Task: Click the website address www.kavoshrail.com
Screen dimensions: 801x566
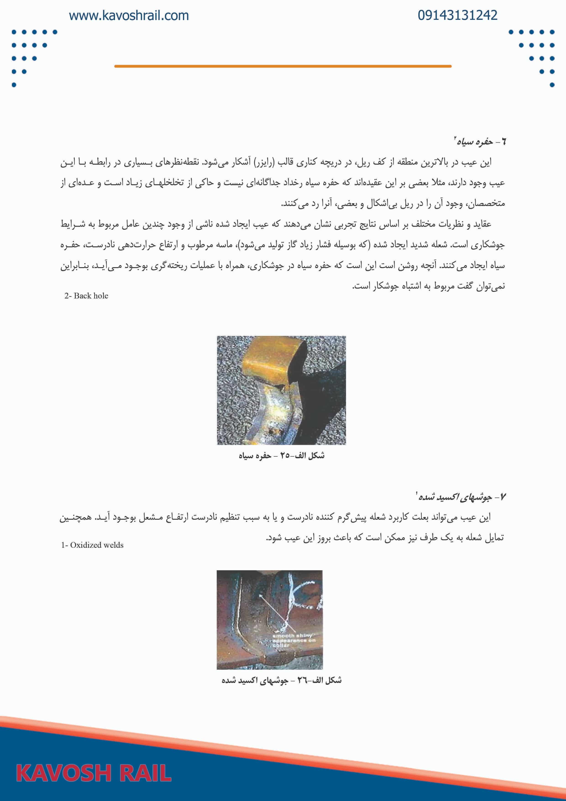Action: [129, 16]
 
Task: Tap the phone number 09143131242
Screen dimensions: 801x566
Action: [457, 15]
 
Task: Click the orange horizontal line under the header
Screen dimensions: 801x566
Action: [283, 66]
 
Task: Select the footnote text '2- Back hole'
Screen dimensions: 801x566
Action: [86, 296]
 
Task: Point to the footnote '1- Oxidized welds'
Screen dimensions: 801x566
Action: [92, 545]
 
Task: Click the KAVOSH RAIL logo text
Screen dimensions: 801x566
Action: [94, 772]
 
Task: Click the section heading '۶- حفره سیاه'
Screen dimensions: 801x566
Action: [480, 142]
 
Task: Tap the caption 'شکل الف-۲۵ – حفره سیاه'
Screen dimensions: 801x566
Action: [281, 456]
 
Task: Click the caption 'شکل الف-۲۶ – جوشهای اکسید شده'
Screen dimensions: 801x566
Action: [281, 680]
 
